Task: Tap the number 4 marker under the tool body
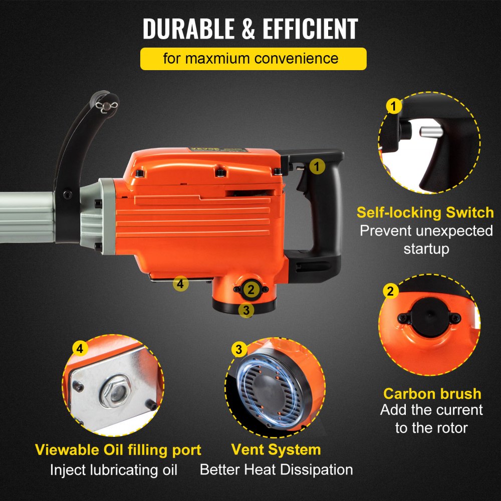click(x=180, y=284)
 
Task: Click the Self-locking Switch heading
click(x=425, y=212)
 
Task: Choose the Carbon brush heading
click(x=432, y=393)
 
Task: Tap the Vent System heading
click(x=276, y=449)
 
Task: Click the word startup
click(x=426, y=248)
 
